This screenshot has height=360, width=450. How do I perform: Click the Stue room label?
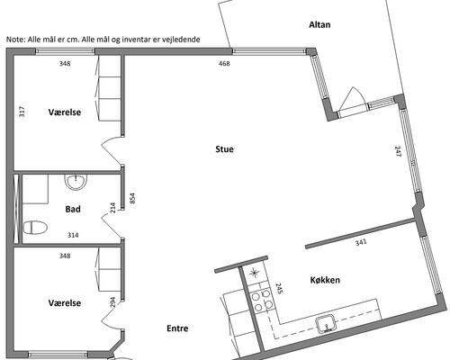click(224, 149)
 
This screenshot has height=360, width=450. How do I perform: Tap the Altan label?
click(319, 24)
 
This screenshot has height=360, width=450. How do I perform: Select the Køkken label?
click(325, 280)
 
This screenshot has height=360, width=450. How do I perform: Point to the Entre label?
click(177, 328)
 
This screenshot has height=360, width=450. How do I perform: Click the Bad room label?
click(73, 209)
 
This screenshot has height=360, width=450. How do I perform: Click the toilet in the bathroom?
click(35, 228)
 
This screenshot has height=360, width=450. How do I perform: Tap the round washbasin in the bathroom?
click(76, 182)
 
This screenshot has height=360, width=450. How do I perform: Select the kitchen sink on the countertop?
click(326, 323)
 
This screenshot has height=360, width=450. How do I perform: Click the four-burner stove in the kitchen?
click(262, 301)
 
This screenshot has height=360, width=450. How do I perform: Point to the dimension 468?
click(224, 63)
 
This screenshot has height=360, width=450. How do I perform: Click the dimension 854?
click(132, 198)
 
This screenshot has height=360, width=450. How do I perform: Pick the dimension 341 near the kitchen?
click(361, 242)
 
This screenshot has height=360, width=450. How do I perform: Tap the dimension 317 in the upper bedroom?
click(22, 112)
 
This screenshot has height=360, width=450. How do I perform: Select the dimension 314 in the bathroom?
click(73, 235)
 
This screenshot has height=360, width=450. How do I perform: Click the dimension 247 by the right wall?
click(398, 151)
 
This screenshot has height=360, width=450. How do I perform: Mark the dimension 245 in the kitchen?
click(279, 288)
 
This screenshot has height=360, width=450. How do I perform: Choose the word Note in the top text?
click(15, 40)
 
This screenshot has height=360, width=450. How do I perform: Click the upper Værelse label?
click(65, 112)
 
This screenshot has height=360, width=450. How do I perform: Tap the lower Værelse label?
click(65, 302)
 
